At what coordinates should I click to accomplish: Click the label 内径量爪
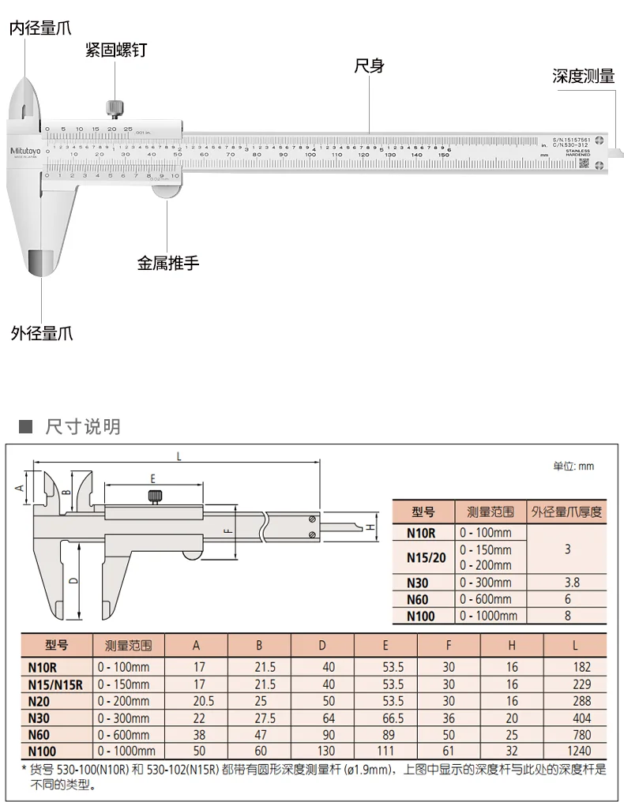(x=39, y=28)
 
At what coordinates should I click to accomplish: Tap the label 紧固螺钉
(x=116, y=51)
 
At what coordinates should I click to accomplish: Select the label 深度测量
(x=583, y=77)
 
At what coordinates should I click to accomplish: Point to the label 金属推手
(x=168, y=264)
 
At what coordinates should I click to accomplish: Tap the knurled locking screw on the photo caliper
(x=116, y=107)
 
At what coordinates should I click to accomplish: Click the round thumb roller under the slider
(x=166, y=188)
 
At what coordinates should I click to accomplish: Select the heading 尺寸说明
(x=83, y=427)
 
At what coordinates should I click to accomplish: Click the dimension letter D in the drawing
(x=73, y=581)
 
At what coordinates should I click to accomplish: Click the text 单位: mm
(x=573, y=466)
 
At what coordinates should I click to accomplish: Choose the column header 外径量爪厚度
(x=566, y=512)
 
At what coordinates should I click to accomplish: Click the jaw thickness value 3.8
(x=566, y=583)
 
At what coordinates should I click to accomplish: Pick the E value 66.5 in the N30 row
(x=385, y=718)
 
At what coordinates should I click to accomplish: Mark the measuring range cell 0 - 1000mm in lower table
(x=126, y=751)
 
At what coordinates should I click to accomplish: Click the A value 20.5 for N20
(x=196, y=701)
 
